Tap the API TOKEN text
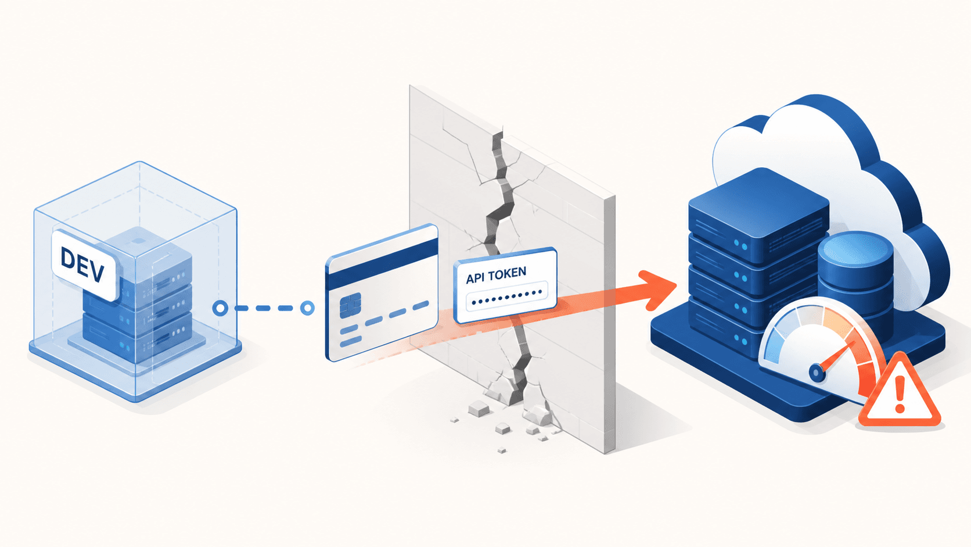496,275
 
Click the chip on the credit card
350,305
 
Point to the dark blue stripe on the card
382,264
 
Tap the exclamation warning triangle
900,392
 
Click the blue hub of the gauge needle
817,372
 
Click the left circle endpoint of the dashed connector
220,308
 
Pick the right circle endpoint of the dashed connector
307,308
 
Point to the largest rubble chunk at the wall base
479,408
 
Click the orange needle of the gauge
837,356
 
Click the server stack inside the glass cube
138,299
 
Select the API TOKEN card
505,285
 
